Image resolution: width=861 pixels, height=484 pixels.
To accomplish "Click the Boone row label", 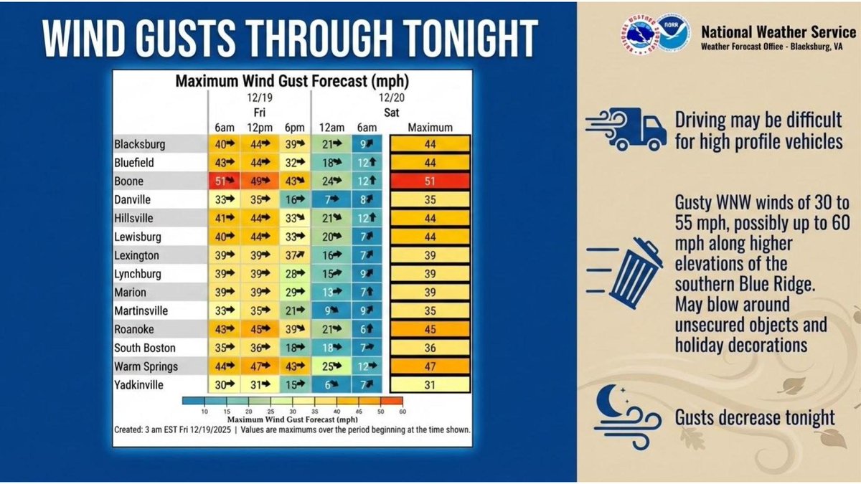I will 129,181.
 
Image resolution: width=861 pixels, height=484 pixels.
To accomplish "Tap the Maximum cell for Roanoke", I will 430,330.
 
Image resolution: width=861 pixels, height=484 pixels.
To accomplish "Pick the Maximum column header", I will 430,128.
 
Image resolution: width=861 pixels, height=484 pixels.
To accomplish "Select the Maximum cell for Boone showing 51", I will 430,181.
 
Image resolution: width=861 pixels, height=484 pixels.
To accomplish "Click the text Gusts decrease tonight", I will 754,418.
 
